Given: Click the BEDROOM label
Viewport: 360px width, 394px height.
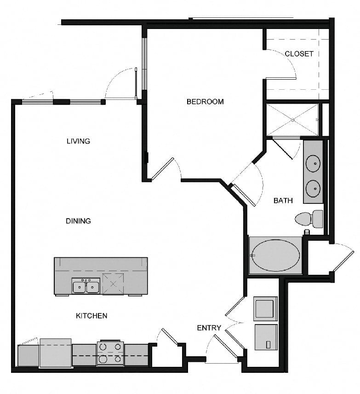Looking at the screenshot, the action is (x=205, y=102).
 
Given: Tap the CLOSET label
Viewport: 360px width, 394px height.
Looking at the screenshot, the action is (x=299, y=54).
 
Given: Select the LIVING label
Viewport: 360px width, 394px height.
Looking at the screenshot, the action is (x=78, y=141).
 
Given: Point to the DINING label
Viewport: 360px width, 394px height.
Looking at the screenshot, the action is (x=78, y=221).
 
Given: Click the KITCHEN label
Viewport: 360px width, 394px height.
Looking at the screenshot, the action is (x=91, y=316).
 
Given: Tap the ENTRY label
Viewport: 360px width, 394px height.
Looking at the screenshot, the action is (x=209, y=328).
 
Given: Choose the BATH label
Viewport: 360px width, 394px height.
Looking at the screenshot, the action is (x=283, y=201).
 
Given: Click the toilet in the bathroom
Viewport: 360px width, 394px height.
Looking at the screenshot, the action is (x=309, y=219).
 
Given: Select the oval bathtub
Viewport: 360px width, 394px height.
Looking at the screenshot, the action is (x=276, y=255).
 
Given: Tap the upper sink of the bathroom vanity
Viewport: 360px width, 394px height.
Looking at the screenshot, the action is (x=313, y=163).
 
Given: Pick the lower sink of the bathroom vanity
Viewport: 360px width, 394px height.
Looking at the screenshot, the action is (x=313, y=188).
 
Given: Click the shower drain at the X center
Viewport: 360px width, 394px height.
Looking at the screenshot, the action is (x=292, y=120).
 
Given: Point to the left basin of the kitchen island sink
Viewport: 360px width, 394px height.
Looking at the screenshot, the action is (x=79, y=287).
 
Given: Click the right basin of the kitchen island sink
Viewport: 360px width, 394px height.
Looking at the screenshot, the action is (x=92, y=287).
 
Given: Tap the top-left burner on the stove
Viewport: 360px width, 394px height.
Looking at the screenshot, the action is (x=103, y=347).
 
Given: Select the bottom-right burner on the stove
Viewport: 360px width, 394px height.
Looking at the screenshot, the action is (x=118, y=359).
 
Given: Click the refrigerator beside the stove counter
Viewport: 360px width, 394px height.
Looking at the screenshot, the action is (x=56, y=353).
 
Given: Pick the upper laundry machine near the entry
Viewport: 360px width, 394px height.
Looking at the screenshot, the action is (x=265, y=309).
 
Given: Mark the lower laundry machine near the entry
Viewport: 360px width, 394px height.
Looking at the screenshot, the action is (x=266, y=337).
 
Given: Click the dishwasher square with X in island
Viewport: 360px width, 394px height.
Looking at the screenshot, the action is (x=113, y=284).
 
